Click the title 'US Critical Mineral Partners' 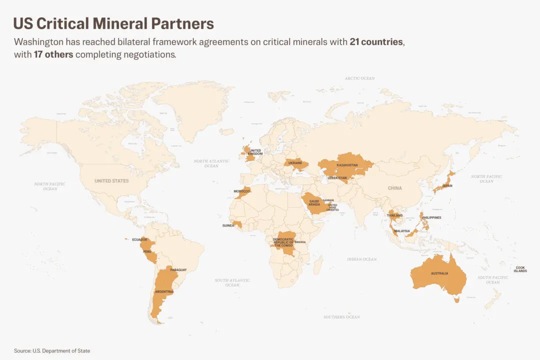tap(113, 23)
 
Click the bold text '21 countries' tap(376, 42)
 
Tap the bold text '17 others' tap(53, 54)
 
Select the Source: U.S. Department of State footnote tap(52, 351)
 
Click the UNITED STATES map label tap(111, 181)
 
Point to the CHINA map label tap(394, 188)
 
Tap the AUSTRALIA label tap(439, 273)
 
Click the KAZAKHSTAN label tap(347, 165)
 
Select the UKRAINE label tap(295, 163)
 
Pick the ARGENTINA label tap(164, 291)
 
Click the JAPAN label tap(447, 185)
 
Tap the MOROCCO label tap(242, 191)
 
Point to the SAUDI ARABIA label tap(314, 202)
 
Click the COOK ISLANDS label tap(520, 269)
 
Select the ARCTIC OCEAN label tap(359, 78)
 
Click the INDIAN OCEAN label tap(361, 259)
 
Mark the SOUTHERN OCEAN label tap(341, 317)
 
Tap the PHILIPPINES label tap(431, 217)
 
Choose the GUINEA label tap(228, 225)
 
